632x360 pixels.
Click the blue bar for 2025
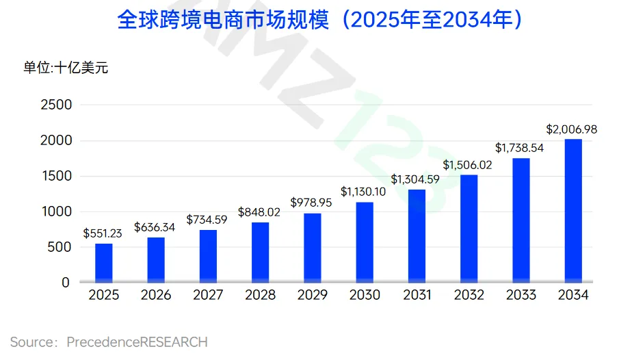tap(104, 263)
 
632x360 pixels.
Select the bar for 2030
tap(365, 242)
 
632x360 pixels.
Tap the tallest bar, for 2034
tap(573, 211)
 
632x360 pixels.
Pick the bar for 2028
tap(261, 252)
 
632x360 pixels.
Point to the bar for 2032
tap(469, 229)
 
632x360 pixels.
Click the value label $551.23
tap(104, 233)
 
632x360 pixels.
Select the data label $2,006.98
tap(573, 129)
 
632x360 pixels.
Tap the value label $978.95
tap(313, 203)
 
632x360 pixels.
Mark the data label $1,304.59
tap(417, 179)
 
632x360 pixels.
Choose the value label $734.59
tap(208, 220)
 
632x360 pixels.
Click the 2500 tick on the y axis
tap(56, 105)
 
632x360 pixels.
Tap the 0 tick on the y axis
tap(66, 282)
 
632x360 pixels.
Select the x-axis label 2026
tap(156, 296)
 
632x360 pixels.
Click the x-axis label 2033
tap(521, 296)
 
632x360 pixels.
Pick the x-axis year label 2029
tap(313, 296)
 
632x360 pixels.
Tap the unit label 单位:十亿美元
tap(66, 67)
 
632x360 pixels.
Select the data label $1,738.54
tap(521, 148)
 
